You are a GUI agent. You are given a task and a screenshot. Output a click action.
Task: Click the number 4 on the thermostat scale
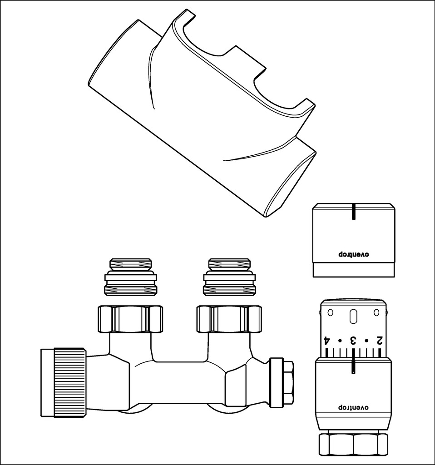(326, 340)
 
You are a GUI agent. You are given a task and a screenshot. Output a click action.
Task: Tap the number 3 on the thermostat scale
(353, 340)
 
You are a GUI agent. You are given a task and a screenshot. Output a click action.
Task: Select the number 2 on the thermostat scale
(379, 340)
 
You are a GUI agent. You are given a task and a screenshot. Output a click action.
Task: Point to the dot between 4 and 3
(340, 341)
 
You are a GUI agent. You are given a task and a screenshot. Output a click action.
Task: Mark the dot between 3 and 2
(366, 341)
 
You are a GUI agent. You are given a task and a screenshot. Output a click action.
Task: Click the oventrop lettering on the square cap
(353, 254)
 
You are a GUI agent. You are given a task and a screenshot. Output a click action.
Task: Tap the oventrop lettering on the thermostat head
(353, 407)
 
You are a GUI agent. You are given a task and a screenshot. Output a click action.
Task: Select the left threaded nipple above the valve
(130, 277)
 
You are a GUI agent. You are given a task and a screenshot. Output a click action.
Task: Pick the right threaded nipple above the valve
(229, 277)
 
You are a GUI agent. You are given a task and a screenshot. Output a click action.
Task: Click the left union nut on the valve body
(130, 319)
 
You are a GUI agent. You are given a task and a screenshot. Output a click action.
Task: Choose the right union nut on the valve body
(229, 319)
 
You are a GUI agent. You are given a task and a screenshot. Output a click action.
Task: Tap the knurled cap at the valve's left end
(64, 382)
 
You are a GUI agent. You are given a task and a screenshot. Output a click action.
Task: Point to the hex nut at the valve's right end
(282, 383)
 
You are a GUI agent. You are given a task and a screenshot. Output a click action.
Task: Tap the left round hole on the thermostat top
(330, 312)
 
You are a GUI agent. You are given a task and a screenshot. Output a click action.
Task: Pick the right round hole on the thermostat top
(376, 312)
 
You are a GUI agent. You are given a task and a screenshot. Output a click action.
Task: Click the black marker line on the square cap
(353, 212)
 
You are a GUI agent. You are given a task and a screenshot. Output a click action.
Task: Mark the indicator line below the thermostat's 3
(353, 366)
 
